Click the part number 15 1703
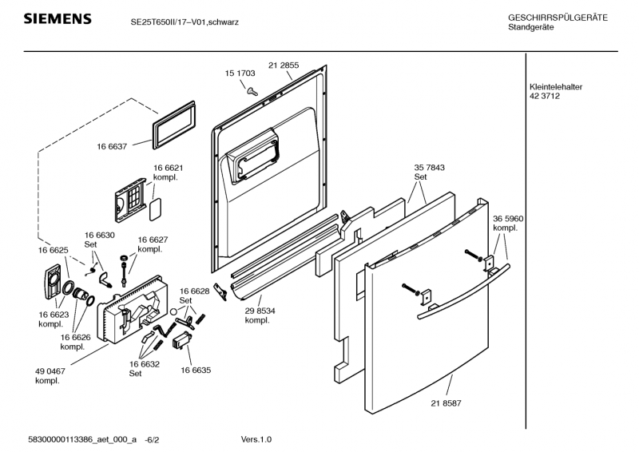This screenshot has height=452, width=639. [x=240, y=73]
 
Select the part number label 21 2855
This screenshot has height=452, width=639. [x=284, y=65]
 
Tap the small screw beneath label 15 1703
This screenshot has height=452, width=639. [x=251, y=90]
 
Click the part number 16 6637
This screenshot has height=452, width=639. [x=113, y=147]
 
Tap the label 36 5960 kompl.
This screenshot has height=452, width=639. [x=508, y=223]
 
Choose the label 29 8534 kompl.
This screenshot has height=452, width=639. [x=260, y=315]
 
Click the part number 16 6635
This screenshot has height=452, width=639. [x=196, y=371]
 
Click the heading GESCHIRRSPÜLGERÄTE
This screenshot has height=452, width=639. [x=557, y=18]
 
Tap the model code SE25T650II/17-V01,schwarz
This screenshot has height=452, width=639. [x=185, y=22]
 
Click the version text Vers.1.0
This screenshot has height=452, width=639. [x=256, y=439]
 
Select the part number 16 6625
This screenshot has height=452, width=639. [x=53, y=251]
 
